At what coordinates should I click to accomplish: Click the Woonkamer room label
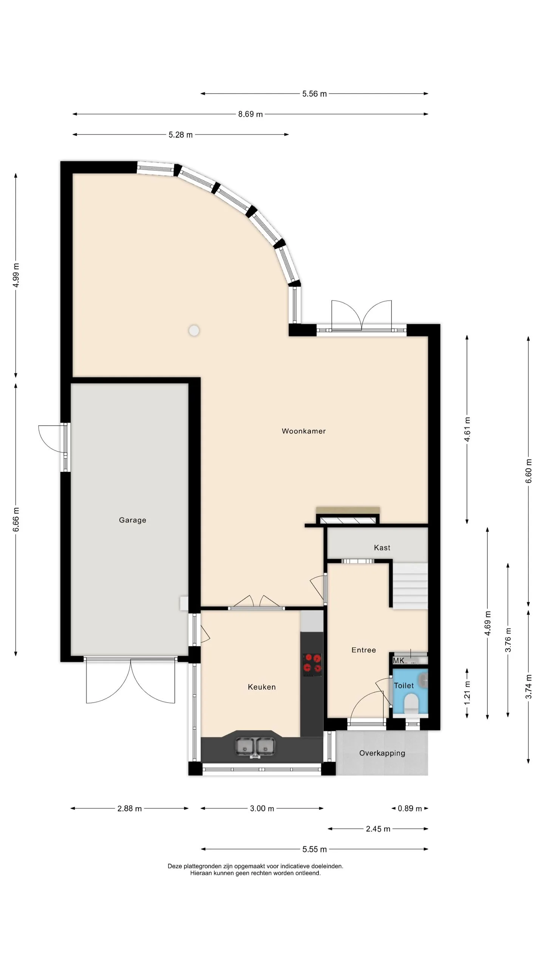tap(303, 431)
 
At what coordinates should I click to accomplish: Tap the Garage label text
tap(132, 520)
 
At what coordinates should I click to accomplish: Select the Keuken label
tap(261, 687)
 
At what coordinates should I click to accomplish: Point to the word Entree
tap(363, 650)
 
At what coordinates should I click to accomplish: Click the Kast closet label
tap(382, 548)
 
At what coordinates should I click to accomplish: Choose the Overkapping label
tap(382, 753)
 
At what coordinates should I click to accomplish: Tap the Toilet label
tap(403, 686)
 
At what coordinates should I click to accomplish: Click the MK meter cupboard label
tap(399, 661)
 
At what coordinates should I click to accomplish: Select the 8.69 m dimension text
tap(250, 114)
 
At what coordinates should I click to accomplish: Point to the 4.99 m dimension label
tap(16, 275)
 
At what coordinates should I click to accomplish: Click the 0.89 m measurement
tap(410, 808)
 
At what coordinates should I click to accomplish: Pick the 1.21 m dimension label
tap(467, 693)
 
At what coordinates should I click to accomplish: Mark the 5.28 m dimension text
tap(181, 135)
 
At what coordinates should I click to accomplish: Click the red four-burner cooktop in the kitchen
tap(312, 665)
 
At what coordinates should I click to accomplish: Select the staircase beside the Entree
tap(410, 586)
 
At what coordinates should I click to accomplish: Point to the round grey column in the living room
tap(194, 331)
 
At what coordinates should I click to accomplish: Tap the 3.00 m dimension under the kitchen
tap(262, 808)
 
